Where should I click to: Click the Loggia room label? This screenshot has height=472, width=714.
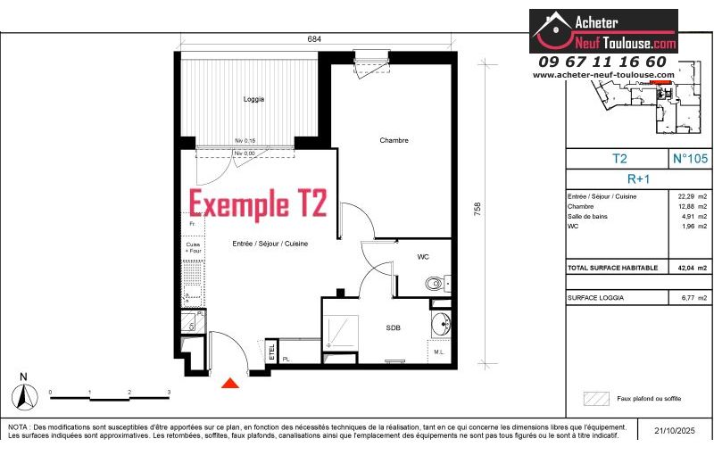pyautogui.click(x=253, y=99)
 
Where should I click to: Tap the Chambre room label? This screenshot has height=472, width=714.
pyautogui.click(x=394, y=140)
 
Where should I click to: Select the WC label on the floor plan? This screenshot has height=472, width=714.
pyautogui.click(x=423, y=257)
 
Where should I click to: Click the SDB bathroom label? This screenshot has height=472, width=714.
pyautogui.click(x=394, y=328)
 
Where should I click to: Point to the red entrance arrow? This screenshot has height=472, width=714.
pyautogui.click(x=230, y=383)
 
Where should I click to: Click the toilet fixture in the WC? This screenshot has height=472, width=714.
pyautogui.click(x=434, y=284)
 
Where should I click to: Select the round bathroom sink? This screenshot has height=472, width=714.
pyautogui.click(x=440, y=323)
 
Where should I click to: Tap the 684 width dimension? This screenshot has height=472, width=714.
pyautogui.click(x=315, y=39)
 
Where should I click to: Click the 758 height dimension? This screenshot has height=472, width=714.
pyautogui.click(x=477, y=209)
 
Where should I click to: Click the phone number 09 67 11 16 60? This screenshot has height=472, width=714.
pyautogui.click(x=602, y=62)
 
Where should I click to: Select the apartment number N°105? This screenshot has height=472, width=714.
pyautogui.click(x=689, y=159)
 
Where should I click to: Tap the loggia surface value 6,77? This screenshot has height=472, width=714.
pyautogui.click(x=685, y=297)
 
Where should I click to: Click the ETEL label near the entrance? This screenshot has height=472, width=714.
pyautogui.click(x=271, y=353)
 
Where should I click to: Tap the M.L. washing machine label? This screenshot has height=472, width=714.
pyautogui.click(x=440, y=352)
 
